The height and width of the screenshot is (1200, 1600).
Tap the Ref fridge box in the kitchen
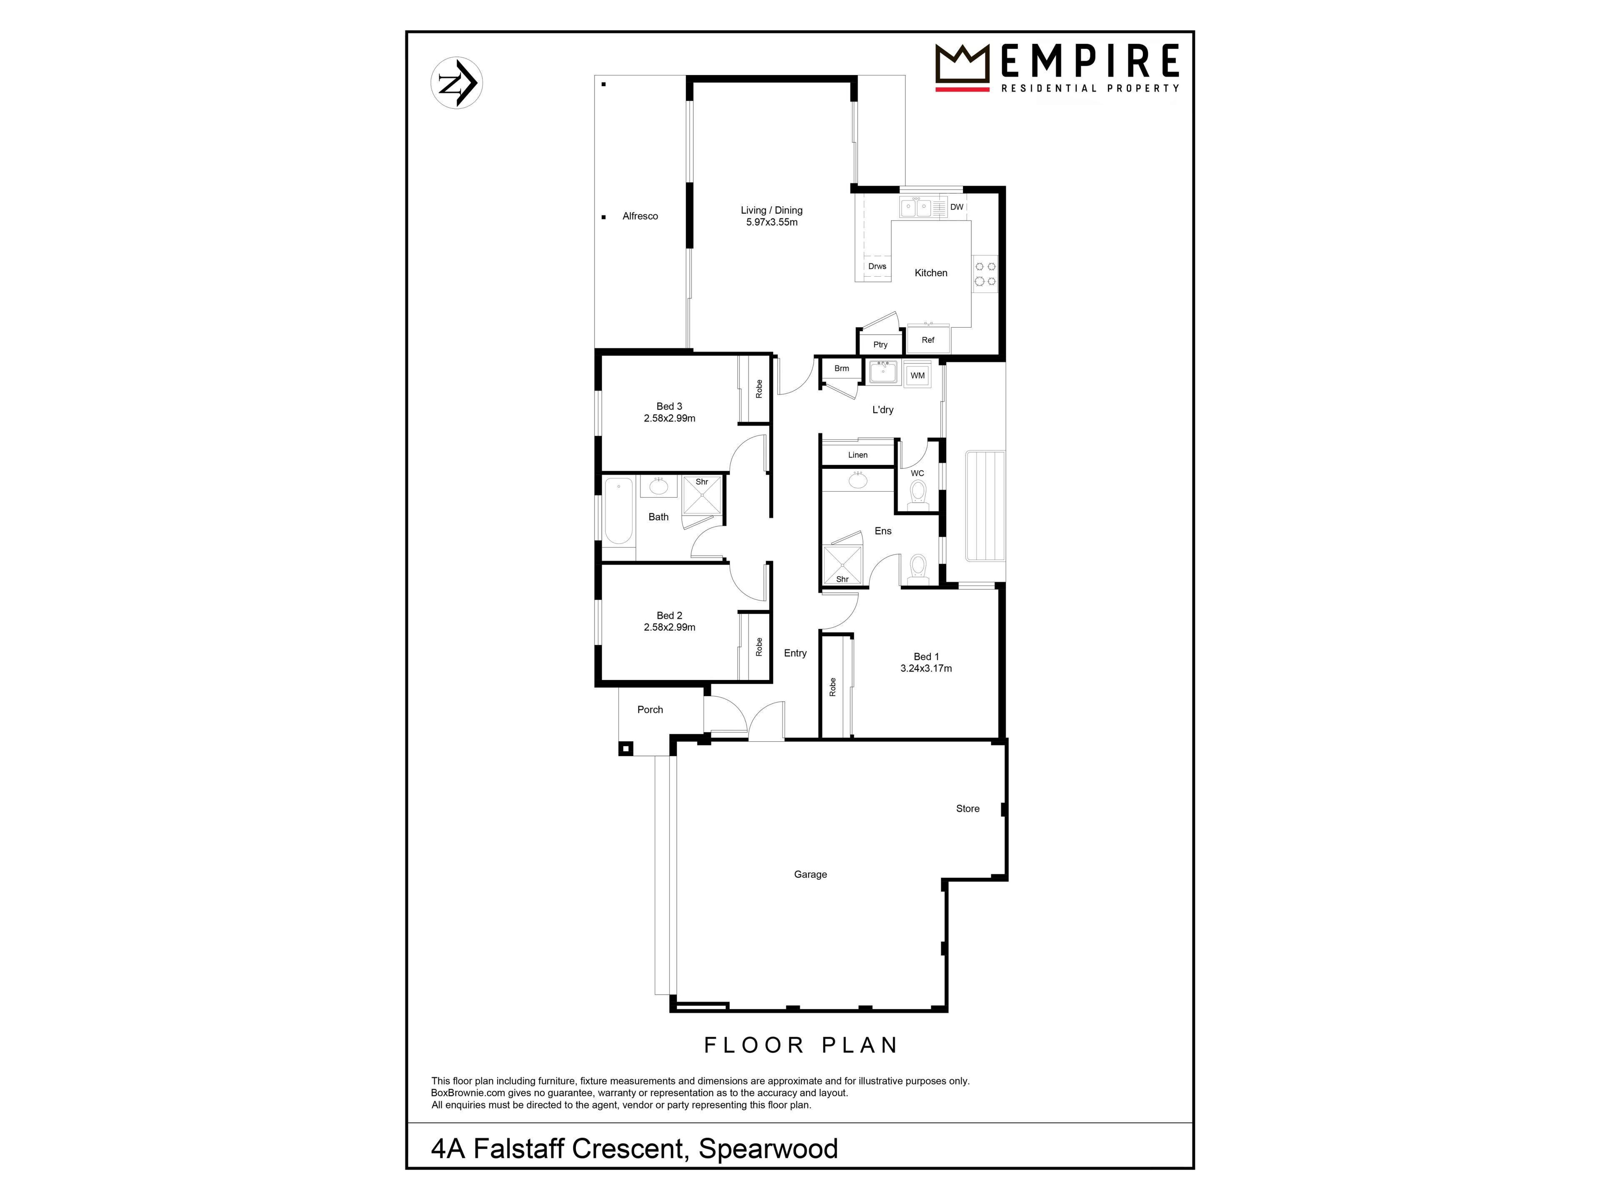click(928, 339)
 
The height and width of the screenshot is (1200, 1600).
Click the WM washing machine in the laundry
click(917, 375)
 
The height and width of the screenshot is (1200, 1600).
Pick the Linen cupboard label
click(858, 455)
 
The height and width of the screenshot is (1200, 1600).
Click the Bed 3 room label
click(669, 407)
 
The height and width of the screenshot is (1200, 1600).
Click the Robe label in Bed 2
click(759, 647)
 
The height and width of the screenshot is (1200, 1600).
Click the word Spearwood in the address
click(768, 1149)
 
